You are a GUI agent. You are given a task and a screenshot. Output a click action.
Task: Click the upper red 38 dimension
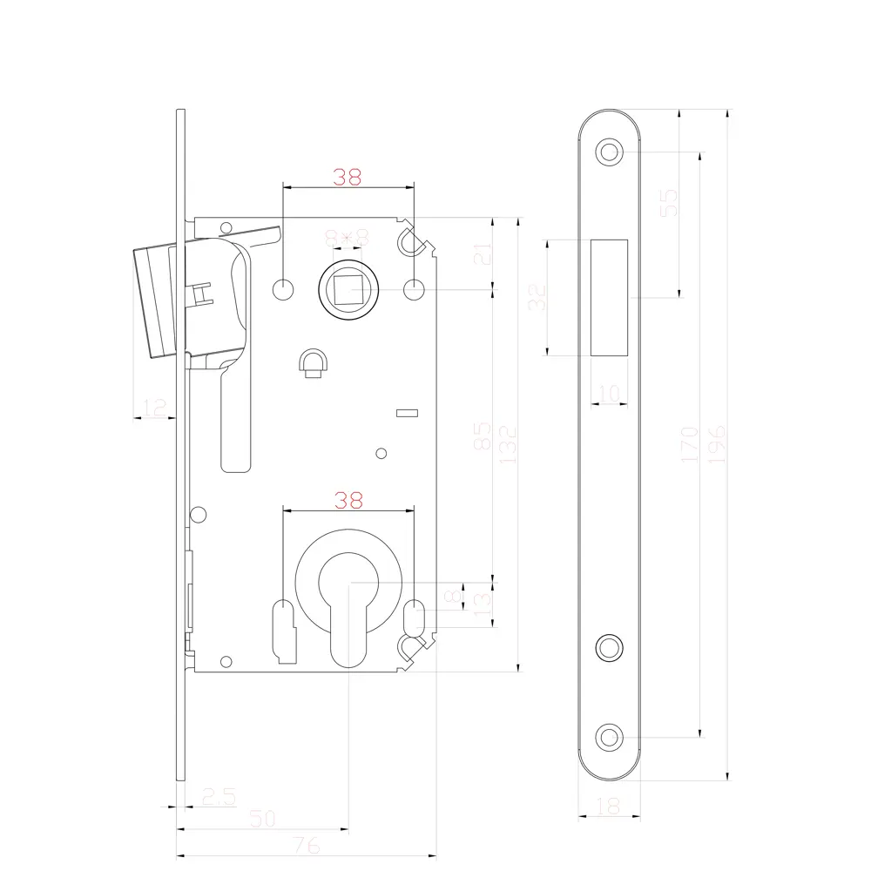348,177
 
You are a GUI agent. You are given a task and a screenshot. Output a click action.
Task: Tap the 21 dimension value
486,253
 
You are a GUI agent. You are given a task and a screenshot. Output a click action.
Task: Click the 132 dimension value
508,443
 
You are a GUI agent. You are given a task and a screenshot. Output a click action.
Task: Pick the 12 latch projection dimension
154,406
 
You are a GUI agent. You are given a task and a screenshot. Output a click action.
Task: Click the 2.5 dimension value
219,796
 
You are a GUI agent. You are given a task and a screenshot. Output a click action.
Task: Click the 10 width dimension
610,393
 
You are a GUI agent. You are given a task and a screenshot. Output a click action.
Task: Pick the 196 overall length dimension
717,443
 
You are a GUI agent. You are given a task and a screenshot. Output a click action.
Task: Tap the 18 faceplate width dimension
611,807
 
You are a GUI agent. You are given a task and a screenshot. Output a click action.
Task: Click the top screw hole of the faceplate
610,152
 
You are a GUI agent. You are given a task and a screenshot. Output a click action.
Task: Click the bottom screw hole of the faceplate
610,736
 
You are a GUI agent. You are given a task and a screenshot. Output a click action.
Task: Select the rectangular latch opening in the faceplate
610,296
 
